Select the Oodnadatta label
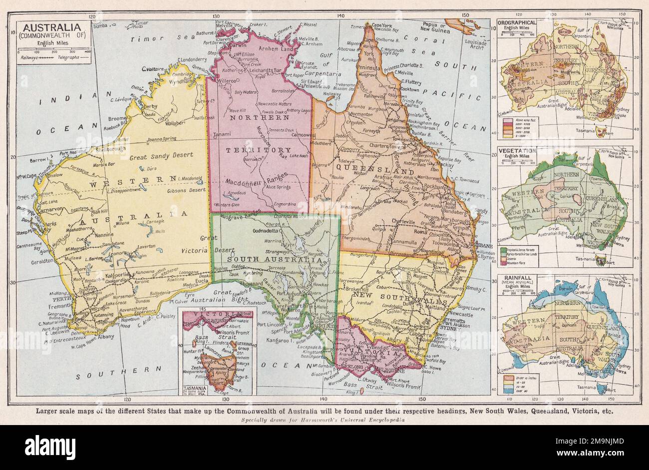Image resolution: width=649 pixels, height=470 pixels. tap(269, 231)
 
